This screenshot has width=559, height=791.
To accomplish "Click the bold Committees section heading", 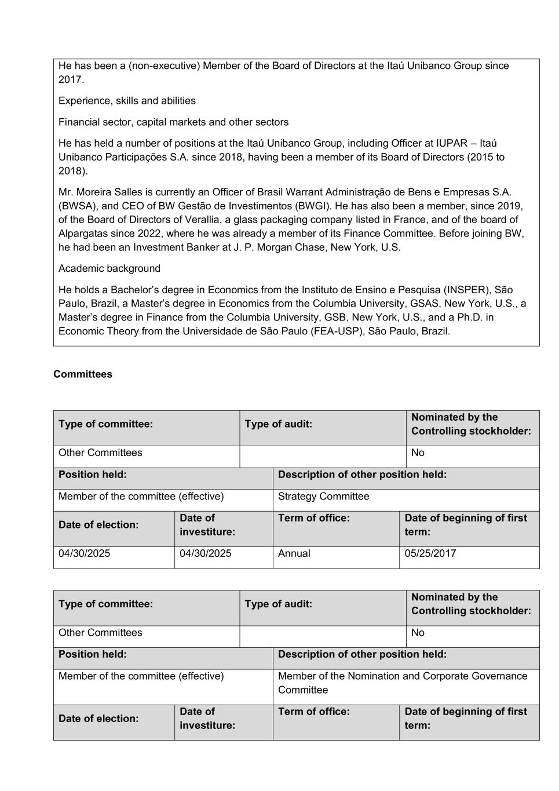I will coord(83,374).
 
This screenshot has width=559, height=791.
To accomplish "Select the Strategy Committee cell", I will coord(323,497).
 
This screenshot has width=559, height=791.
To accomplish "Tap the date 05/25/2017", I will coord(430,553).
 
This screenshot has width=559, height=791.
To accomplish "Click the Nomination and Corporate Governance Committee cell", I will coord(403,683).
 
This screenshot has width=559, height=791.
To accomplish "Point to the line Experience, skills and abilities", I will coord(127,101).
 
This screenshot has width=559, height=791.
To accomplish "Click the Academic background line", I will coord(109,269).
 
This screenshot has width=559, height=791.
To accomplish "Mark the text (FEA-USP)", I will coord(344,331).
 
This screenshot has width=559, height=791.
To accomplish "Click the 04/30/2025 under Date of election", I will coord(84,553).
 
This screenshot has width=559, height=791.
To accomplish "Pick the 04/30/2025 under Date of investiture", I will coord(205,553).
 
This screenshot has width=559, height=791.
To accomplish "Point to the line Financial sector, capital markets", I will coord(173,122).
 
